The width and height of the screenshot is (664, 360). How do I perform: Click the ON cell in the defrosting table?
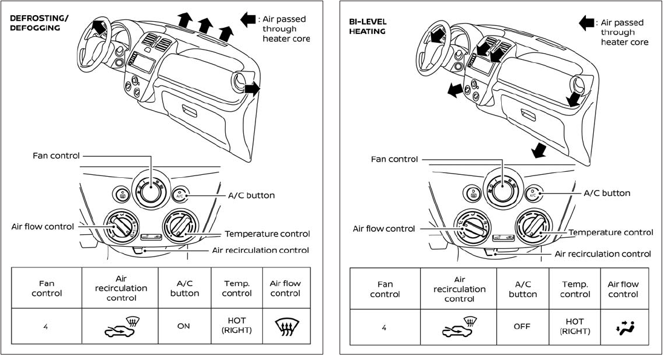[184, 326]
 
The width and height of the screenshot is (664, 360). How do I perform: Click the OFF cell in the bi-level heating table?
[522, 327]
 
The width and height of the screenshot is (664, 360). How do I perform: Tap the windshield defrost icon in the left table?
[286, 327]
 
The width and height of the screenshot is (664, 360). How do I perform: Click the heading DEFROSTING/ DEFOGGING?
[39, 23]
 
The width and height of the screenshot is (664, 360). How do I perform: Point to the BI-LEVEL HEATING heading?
[367, 26]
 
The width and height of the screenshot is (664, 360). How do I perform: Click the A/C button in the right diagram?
[533, 194]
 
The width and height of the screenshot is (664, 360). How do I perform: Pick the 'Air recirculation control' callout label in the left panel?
[260, 250]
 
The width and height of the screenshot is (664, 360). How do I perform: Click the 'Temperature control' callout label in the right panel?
[611, 232]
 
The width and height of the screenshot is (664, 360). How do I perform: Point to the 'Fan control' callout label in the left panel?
[56, 155]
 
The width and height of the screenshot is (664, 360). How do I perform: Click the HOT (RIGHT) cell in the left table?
[237, 326]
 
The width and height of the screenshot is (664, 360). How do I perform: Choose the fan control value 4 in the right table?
[384, 327]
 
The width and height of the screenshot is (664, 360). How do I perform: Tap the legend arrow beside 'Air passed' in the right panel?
[587, 22]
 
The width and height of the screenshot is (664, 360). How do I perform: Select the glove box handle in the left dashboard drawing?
[189, 111]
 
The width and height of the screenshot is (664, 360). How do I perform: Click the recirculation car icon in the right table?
[459, 327]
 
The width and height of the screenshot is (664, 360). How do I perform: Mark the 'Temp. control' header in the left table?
[237, 289]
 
